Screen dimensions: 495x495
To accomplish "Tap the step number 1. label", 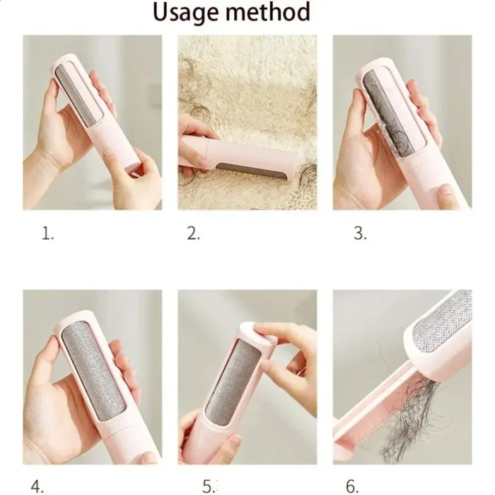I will click(47, 234).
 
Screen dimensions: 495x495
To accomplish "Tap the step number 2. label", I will click(193, 234).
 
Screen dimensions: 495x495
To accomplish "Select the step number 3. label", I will click(360, 234).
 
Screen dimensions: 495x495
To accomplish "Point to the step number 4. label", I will click(37, 486).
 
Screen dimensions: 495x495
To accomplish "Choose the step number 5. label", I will click(209, 486).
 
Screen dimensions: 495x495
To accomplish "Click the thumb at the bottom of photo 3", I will click(448, 197).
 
